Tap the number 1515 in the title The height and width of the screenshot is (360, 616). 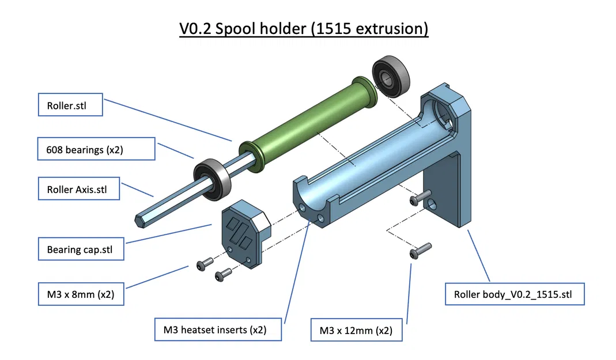[332, 28]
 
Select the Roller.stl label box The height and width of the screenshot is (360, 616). [70, 105]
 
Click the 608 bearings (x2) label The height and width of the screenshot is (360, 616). [97, 149]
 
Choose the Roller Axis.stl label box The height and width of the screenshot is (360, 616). [79, 188]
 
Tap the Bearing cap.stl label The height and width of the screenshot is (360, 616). [81, 249]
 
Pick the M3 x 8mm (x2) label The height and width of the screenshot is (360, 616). [81, 294]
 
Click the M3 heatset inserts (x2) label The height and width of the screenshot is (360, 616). [218, 329]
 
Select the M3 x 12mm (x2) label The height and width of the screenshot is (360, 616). [356, 330]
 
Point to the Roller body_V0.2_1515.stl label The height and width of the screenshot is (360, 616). [515, 294]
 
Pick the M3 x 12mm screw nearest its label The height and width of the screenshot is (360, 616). [420, 251]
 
